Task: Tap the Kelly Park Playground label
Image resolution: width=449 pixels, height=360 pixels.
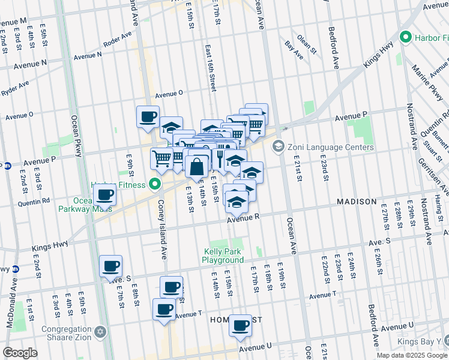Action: pyautogui.click(x=223, y=256)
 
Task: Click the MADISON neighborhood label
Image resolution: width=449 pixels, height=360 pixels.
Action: pyautogui.click(x=357, y=202)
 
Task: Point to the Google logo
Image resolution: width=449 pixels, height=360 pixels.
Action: pyautogui.click(x=20, y=353)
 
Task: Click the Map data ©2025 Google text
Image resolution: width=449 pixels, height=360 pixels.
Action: pyautogui.click(x=412, y=355)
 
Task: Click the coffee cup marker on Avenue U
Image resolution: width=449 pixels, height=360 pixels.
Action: pyautogui.click(x=241, y=326)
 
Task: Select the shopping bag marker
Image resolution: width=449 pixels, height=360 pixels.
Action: pyautogui.click(x=196, y=166)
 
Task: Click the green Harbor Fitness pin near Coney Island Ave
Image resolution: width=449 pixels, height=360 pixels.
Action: pyautogui.click(x=155, y=184)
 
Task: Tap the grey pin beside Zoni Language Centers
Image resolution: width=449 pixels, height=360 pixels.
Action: pyautogui.click(x=278, y=146)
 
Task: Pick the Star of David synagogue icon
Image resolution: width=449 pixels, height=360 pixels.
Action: pyautogui.click(x=101, y=332)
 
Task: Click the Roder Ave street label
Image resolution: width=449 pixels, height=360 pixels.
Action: pyautogui.click(x=117, y=41)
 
